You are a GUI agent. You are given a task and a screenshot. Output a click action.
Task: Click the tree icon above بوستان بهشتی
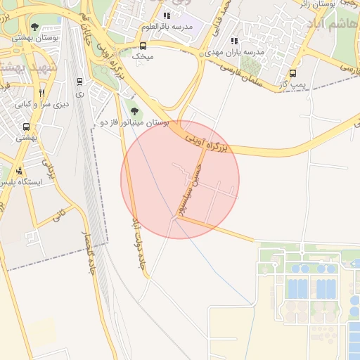click(x=35, y=27)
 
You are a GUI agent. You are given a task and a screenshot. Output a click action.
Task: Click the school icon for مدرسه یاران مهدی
click(x=234, y=41)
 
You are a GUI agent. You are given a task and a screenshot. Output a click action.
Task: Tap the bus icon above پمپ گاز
click(x=292, y=73)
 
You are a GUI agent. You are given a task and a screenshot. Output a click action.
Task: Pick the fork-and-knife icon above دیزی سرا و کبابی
click(x=42, y=94)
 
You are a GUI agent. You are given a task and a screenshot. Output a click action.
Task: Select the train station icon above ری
click(x=79, y=82)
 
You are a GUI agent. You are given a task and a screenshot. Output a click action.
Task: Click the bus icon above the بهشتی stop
click(x=26, y=127)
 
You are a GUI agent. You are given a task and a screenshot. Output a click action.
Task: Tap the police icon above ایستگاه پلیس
click(x=18, y=171)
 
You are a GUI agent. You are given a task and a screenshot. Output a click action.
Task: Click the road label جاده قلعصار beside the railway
click(x=90, y=252)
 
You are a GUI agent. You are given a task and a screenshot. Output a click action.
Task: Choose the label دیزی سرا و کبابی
click(x=43, y=104)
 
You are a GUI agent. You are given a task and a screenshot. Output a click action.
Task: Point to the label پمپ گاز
click(x=292, y=84)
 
